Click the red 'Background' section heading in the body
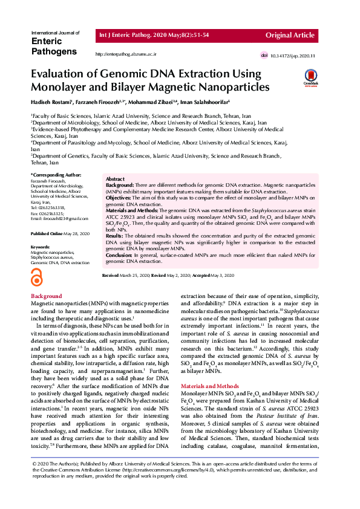coord(46,296)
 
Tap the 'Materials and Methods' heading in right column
coord(209,386)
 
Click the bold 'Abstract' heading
coord(115,180)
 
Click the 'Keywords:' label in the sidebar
coord(40,247)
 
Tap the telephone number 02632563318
coord(54,207)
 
